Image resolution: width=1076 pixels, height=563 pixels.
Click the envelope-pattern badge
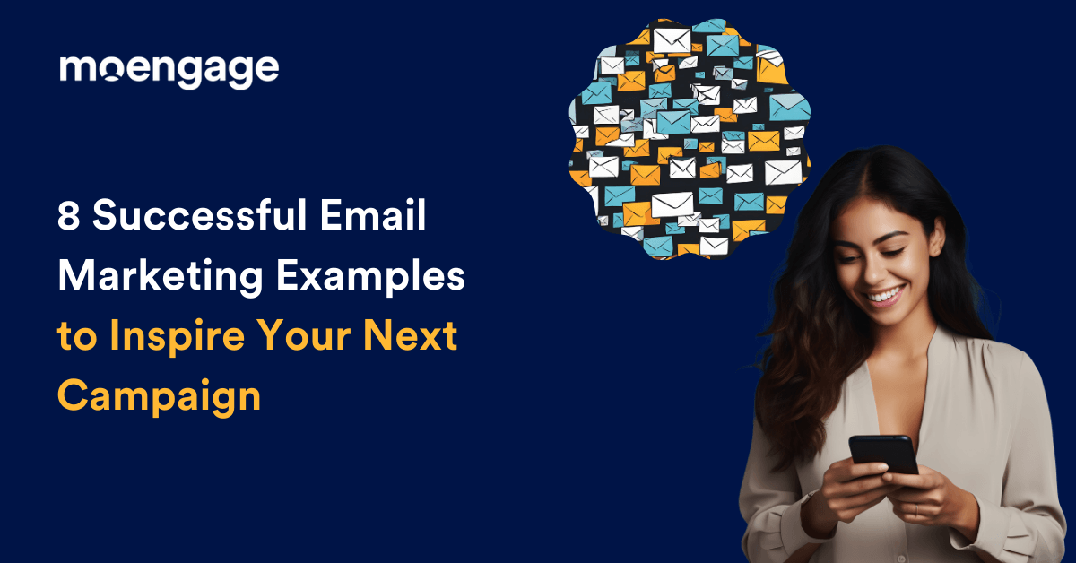689,139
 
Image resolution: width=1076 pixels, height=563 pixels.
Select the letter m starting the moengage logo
75,70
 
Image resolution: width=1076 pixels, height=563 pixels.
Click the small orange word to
74,338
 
